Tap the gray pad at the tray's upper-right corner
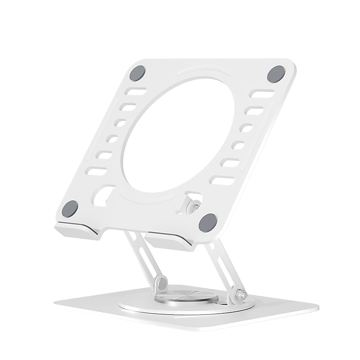tap(276, 74)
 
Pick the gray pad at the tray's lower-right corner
tap(208, 222)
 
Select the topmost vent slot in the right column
tap(263, 94)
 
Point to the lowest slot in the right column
tap(222, 181)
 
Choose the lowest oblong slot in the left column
tap(96, 171)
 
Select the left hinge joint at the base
tap(161, 283)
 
